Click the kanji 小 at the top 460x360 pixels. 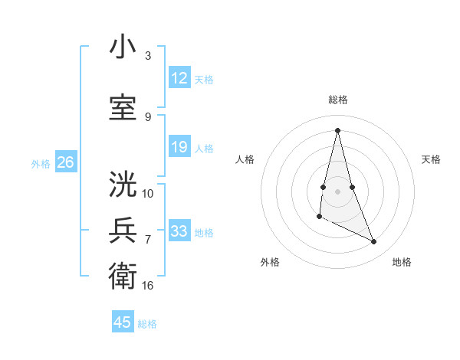123,47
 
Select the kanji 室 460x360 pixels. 123,109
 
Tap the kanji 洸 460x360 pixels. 123,185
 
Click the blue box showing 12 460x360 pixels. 179,78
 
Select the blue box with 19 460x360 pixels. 179,147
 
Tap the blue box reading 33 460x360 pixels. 179,231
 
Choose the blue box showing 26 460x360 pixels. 66,162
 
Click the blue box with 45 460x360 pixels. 123,322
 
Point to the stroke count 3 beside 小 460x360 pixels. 148,56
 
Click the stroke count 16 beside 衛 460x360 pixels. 148,285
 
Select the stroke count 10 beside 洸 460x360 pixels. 148,193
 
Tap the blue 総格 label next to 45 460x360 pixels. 148,324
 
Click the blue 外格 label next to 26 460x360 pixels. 41,163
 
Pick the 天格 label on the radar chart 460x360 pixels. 431,159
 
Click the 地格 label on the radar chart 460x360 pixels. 402,262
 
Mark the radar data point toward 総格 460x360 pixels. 337,130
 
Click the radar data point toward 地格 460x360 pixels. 374,242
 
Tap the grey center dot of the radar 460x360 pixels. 337,191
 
